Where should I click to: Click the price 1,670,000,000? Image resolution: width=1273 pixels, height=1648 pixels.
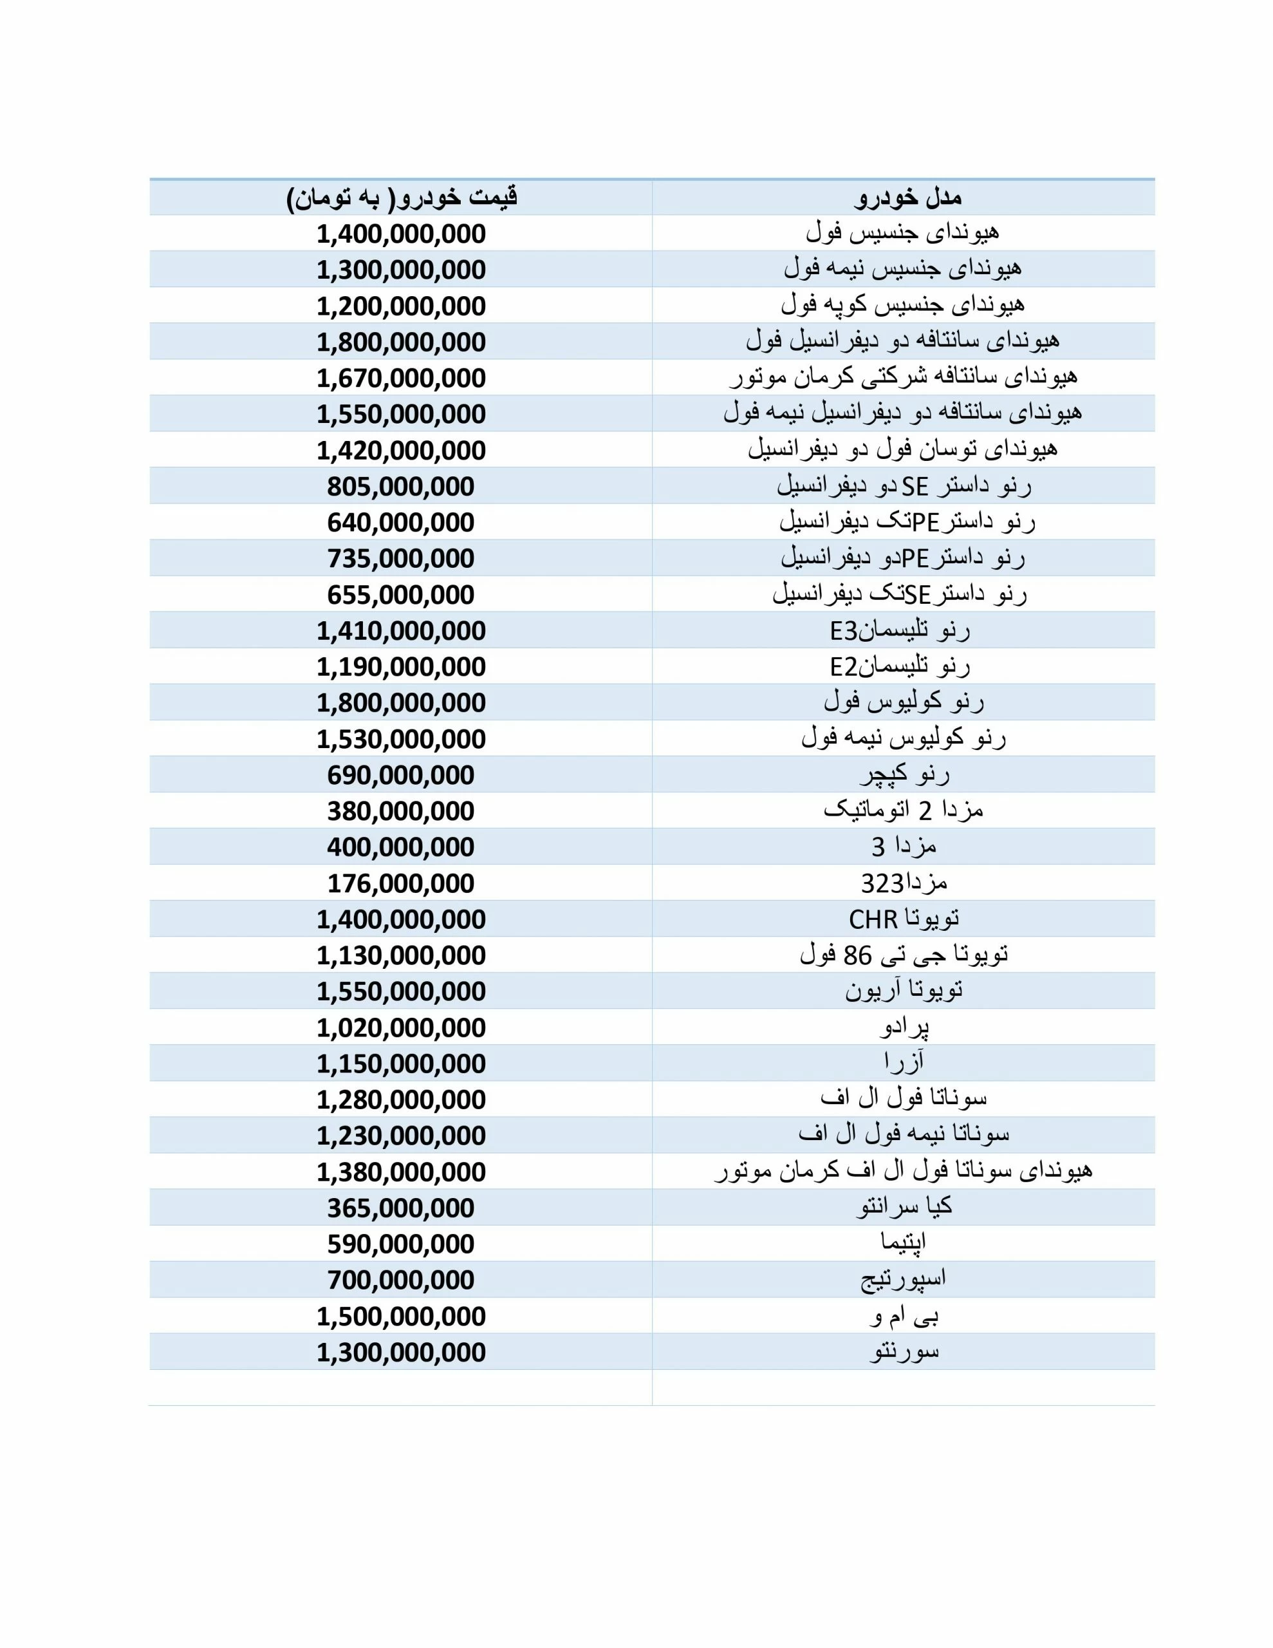pyautogui.click(x=401, y=378)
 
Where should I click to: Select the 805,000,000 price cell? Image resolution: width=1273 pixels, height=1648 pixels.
pyautogui.click(x=401, y=487)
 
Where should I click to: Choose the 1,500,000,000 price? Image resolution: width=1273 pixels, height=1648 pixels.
pyautogui.click(x=401, y=1316)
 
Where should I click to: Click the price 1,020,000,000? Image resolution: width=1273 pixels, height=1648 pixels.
pyautogui.click(x=401, y=1027)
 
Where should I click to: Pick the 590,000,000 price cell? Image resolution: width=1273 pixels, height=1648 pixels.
pyautogui.click(x=401, y=1244)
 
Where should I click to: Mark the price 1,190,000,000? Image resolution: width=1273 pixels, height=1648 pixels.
pyautogui.click(x=401, y=667)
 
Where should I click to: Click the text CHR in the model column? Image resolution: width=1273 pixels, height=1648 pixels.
pyautogui.click(x=873, y=920)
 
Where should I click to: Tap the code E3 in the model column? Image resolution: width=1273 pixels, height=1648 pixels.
pyautogui.click(x=844, y=631)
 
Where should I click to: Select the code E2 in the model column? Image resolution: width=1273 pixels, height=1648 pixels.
pyautogui.click(x=844, y=667)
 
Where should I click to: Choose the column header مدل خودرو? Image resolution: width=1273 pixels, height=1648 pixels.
pyautogui.click(x=908, y=198)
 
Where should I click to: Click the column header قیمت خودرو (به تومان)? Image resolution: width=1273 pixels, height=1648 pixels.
pyautogui.click(x=402, y=198)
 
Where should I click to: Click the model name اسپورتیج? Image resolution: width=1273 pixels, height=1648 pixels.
pyautogui.click(x=903, y=1280)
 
